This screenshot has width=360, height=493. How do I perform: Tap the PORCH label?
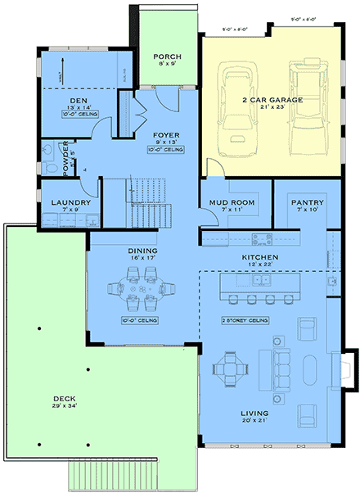tap(167, 57)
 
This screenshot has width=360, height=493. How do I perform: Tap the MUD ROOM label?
tap(232, 202)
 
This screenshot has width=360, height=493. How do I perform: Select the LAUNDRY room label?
tap(63, 202)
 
